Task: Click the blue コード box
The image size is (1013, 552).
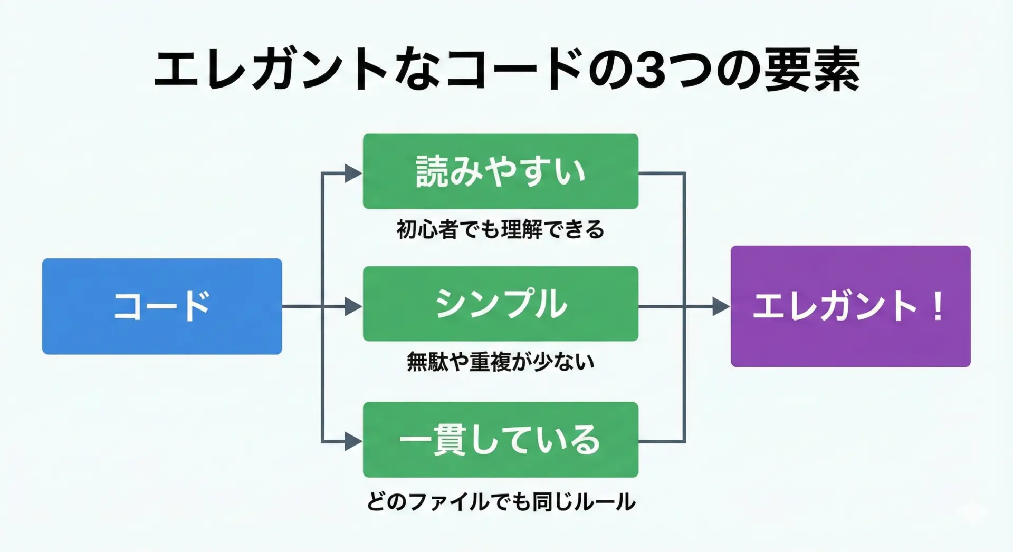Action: (x=162, y=306)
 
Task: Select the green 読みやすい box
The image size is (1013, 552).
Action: (x=500, y=171)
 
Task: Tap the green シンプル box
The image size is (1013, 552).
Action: (x=500, y=304)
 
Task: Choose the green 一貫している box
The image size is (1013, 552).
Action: (x=500, y=440)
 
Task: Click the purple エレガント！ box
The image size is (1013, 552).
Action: (x=850, y=306)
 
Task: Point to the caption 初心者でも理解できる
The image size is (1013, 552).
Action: (x=500, y=230)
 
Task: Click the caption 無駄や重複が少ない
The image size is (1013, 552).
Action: (x=500, y=362)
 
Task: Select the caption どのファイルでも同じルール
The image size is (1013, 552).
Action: (x=500, y=501)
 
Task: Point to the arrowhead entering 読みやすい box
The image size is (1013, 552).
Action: (x=353, y=173)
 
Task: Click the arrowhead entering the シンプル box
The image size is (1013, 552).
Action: (x=353, y=306)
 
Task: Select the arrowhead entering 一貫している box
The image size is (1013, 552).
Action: (x=353, y=441)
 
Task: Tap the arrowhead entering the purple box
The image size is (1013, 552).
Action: (x=721, y=306)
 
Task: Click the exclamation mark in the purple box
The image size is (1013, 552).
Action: (x=938, y=306)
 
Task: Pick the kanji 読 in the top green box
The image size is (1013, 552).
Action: (x=432, y=171)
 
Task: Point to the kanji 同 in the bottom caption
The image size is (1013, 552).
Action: (x=543, y=501)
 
